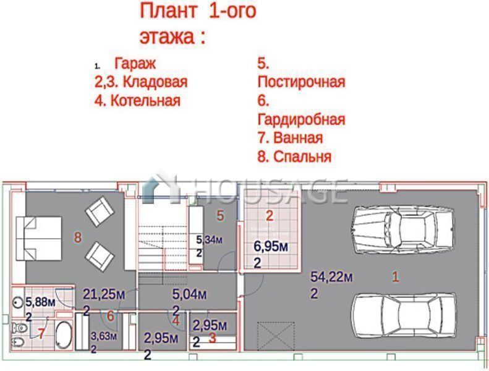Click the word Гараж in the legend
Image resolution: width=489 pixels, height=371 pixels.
[x=135, y=63]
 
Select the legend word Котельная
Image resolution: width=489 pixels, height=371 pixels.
[x=146, y=101]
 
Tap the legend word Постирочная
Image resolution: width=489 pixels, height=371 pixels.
[x=301, y=82]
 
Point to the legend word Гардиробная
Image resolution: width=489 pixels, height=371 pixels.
[x=301, y=119]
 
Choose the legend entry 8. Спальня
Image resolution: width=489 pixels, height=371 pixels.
[x=294, y=156]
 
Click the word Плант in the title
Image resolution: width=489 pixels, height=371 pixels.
[x=168, y=11]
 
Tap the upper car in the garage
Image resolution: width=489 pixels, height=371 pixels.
[x=404, y=230]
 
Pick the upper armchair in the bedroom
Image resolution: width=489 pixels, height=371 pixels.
[x=100, y=211]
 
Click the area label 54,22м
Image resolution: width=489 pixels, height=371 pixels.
[x=331, y=277]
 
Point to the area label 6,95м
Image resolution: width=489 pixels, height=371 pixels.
[x=271, y=247]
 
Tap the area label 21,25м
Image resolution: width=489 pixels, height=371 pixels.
[x=103, y=294]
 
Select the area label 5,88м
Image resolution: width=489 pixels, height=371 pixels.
[x=40, y=302]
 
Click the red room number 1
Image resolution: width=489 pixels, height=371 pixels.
[x=396, y=277]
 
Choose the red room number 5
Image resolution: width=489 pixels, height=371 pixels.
[x=220, y=216]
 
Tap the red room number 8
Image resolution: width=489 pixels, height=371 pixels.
[x=78, y=238]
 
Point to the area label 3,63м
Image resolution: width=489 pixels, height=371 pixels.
[x=103, y=336]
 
